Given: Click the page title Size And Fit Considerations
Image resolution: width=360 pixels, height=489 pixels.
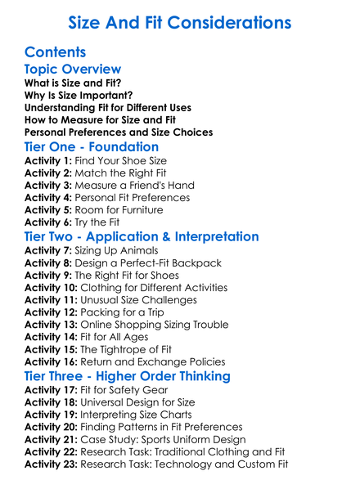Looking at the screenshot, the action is pos(179,21).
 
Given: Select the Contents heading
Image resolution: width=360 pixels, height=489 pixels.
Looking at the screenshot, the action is pos(55,52).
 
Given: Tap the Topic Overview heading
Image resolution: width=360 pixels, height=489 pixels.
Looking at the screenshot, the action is pos(73,70).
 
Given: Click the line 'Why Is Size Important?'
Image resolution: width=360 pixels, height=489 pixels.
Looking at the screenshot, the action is pos(79,95).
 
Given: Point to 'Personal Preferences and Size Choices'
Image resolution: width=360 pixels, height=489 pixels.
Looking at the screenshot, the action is pos(119,132).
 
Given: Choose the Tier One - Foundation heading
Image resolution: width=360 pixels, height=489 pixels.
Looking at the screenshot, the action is pos(92,148).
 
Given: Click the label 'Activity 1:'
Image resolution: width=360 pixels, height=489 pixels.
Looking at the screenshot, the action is pos(48,161).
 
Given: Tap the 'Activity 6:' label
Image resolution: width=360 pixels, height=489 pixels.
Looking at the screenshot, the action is pos(48,222).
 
